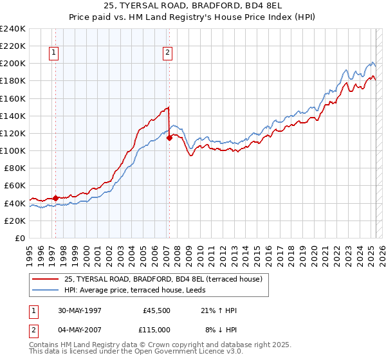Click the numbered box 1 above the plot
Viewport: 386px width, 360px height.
53,53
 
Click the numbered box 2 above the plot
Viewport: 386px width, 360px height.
167,53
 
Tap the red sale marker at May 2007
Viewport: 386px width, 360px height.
169,137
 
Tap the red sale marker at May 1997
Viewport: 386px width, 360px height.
55,198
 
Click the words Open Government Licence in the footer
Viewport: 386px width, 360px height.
186,352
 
